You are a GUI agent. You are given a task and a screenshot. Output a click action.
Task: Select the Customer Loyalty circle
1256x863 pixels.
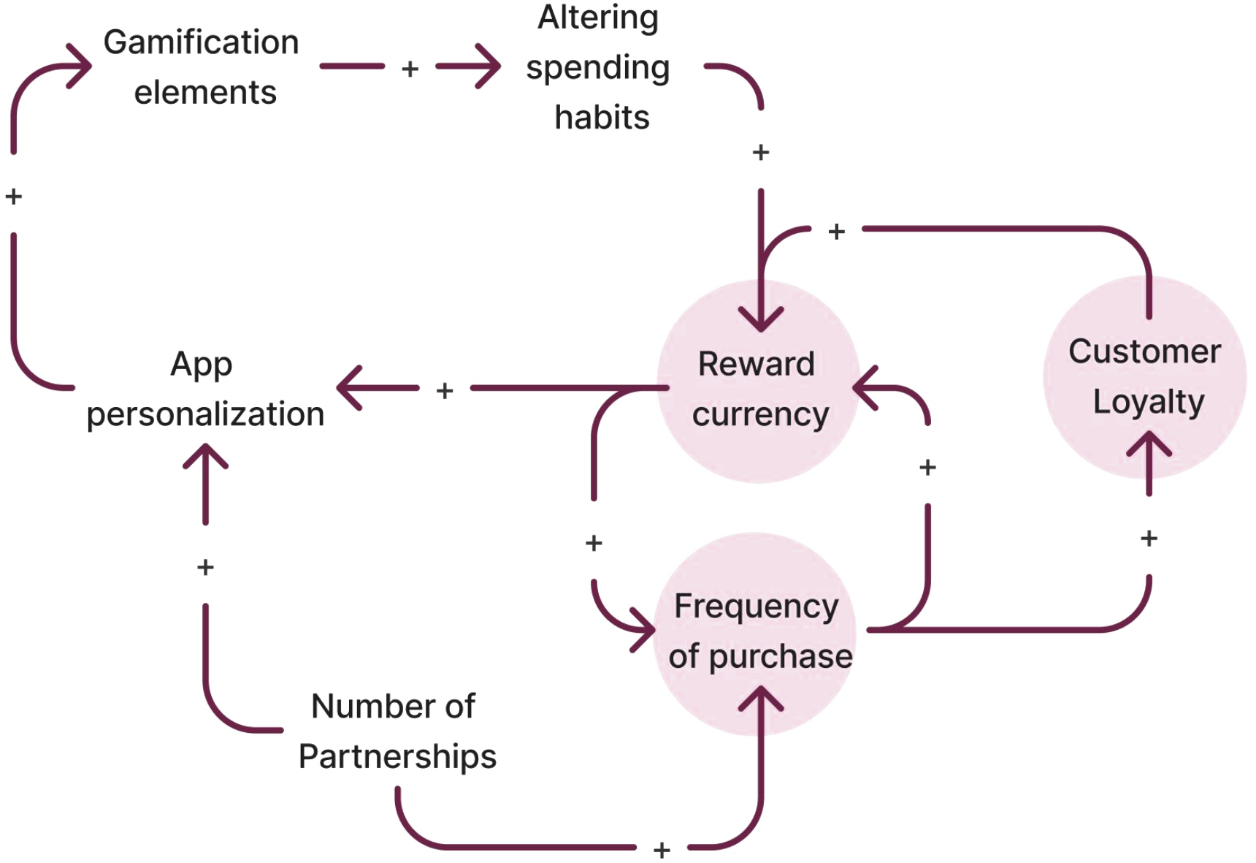pos(1145,376)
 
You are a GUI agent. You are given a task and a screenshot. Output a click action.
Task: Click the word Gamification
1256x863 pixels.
pos(201,42)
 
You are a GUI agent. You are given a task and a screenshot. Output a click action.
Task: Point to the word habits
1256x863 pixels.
pos(602,117)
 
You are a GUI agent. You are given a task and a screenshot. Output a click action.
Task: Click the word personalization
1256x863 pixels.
pos(205,414)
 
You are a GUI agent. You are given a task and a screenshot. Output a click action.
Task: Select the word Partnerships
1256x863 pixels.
pos(397,756)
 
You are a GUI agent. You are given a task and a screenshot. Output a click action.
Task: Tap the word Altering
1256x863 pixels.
pos(598,18)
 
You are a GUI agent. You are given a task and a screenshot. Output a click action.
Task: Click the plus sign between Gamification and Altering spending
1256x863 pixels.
pos(410,69)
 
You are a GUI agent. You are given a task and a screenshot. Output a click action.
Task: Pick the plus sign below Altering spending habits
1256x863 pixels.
pos(761,152)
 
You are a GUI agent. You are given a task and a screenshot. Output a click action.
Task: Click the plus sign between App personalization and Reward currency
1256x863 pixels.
pos(445,391)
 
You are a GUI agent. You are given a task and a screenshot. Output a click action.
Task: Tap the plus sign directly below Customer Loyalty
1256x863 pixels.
pos(1149,539)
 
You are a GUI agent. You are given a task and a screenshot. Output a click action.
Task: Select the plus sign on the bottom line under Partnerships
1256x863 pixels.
pos(662,850)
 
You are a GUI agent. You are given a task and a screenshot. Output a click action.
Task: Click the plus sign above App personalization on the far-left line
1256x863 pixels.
pos(14,196)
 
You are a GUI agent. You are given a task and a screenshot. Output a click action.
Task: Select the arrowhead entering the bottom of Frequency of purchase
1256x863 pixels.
pos(761,698)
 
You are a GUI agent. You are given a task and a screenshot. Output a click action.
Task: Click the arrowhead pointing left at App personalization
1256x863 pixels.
pos(348,388)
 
